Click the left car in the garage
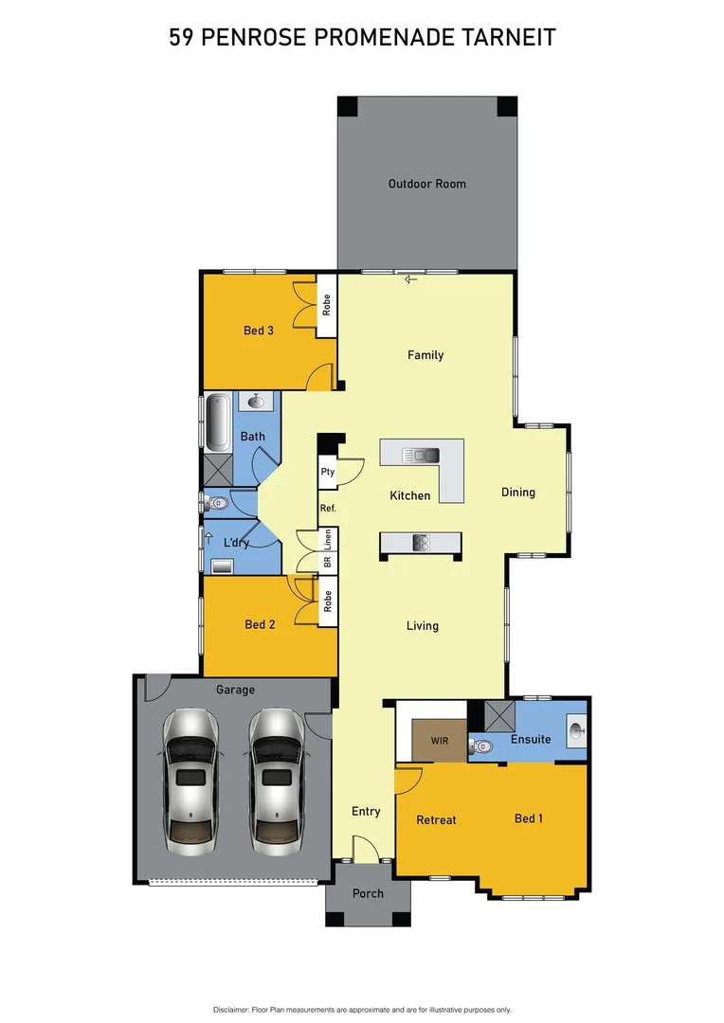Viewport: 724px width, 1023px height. (190, 779)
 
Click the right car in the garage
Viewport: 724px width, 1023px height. (276, 779)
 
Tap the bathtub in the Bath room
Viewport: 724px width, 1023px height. (217, 422)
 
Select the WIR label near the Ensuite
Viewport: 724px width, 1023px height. (439, 739)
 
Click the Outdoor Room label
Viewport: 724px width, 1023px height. (426, 184)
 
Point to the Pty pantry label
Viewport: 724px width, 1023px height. (328, 472)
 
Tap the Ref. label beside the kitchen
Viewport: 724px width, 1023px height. (328, 509)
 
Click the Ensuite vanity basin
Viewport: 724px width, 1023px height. (577, 730)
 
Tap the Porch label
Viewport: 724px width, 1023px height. (368, 893)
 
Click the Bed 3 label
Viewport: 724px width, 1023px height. (259, 331)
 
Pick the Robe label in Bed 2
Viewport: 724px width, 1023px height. (328, 601)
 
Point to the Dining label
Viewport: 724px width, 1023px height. (518, 493)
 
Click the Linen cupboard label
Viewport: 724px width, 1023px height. (328, 541)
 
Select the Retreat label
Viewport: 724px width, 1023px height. (437, 820)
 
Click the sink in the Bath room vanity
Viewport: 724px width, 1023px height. (256, 402)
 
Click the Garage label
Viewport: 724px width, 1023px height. (235, 691)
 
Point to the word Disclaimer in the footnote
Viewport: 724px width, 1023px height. (231, 1010)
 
